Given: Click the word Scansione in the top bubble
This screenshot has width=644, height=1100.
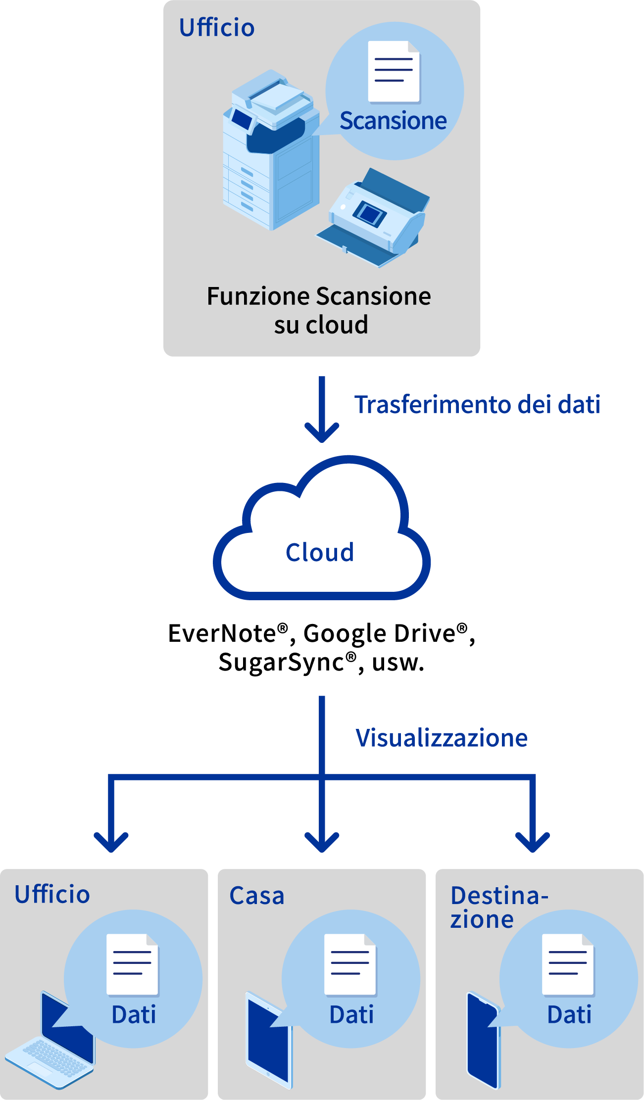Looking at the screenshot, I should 393,121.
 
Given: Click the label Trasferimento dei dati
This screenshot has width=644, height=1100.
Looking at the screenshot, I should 477,404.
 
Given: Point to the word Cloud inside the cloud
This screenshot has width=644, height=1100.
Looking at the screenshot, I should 320,552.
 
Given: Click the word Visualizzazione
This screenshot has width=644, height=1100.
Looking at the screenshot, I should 442,738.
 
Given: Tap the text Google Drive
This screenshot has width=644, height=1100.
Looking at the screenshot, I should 379,633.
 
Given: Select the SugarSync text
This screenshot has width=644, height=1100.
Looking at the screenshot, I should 281,662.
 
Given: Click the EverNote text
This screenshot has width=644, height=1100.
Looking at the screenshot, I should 222,633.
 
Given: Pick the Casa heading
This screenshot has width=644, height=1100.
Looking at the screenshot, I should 257,896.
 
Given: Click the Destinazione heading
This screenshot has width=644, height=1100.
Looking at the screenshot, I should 499,908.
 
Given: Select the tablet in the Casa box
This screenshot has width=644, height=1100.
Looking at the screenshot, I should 269,1039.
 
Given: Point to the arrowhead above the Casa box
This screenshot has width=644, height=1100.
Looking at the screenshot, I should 322,841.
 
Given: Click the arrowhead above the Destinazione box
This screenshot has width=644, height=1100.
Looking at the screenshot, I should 533,841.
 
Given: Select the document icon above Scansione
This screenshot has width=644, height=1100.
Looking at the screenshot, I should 394,72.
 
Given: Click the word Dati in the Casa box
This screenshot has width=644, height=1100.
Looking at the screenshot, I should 351,1014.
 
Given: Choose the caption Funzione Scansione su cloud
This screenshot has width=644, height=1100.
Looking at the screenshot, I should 320,310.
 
